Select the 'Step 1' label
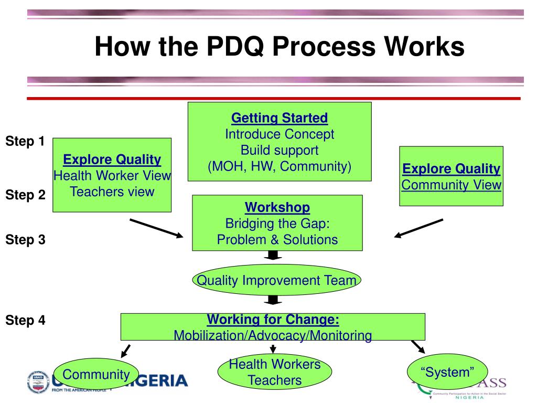(x=25, y=141)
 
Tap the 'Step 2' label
(x=25, y=195)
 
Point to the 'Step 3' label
(x=25, y=240)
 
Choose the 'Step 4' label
(x=25, y=320)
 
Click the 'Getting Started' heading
(x=280, y=118)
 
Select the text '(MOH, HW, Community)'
(x=280, y=166)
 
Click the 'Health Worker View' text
(x=112, y=176)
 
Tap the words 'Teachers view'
(x=112, y=192)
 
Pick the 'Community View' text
(x=452, y=185)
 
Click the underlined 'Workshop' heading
(x=277, y=207)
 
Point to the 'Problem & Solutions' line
(x=277, y=240)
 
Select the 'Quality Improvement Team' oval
(x=276, y=280)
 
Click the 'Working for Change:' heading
(x=273, y=320)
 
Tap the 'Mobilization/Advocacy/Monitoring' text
(x=273, y=335)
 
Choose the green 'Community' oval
(x=96, y=375)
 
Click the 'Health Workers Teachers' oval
(x=274, y=372)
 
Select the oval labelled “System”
(x=447, y=372)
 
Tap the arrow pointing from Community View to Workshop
(x=418, y=228)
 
